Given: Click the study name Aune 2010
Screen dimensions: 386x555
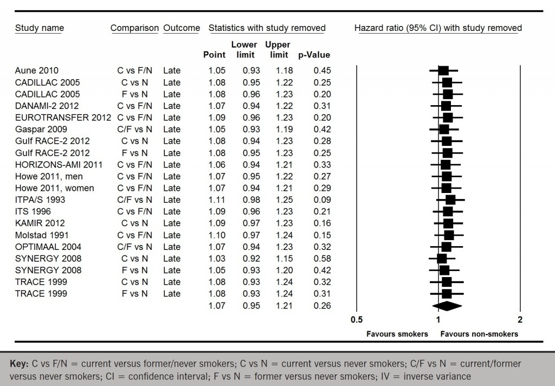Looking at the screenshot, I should [x=36, y=70].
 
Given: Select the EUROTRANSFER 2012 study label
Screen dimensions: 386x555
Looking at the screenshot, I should [x=63, y=118].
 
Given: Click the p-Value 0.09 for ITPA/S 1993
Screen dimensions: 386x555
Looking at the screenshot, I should [x=321, y=200].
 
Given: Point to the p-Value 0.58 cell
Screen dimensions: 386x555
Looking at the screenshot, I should [x=321, y=259].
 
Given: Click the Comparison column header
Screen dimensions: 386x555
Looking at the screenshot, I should [x=134, y=28].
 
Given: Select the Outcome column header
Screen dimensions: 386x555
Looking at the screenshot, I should [x=182, y=28].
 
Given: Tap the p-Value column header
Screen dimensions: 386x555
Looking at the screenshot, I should [x=314, y=55].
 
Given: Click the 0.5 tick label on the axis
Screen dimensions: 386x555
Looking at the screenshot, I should [x=356, y=320].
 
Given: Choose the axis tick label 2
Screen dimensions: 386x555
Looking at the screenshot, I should [x=520, y=320].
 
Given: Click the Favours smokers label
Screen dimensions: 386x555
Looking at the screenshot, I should [x=397, y=334].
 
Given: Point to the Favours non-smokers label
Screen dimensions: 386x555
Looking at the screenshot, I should [x=479, y=334].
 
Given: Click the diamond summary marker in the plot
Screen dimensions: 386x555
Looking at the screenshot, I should [x=446, y=306].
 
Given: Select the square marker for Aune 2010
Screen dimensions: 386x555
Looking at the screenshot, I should [x=443, y=70].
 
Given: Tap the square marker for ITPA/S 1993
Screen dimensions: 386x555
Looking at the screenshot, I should [x=450, y=200].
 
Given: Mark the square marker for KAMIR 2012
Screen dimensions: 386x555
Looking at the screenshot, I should [x=448, y=223].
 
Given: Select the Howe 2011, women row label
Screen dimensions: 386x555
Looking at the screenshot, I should [x=54, y=188].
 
